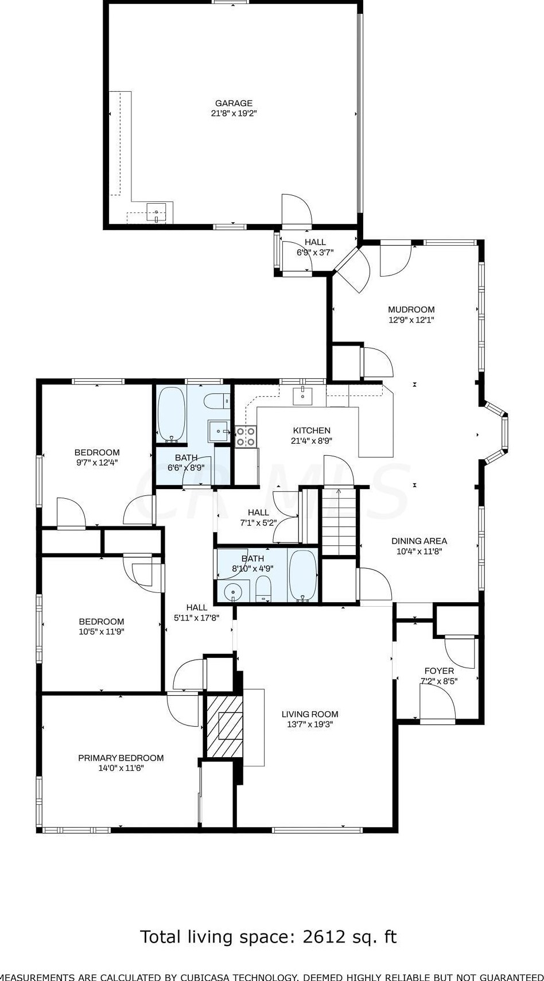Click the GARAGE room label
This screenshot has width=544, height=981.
pyautogui.click(x=234, y=103)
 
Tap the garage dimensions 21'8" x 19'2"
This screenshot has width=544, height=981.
pyautogui.click(x=234, y=114)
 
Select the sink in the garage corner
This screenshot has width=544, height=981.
pyautogui.click(x=156, y=212)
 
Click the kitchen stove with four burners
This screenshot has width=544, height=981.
pyautogui.click(x=246, y=437)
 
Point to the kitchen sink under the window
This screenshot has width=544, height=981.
pyautogui.click(x=303, y=396)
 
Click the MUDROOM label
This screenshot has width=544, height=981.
pyautogui.click(x=411, y=309)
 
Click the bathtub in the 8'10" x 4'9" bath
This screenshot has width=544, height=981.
pyautogui.click(x=303, y=575)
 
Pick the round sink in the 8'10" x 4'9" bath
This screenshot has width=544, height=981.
pyautogui.click(x=234, y=592)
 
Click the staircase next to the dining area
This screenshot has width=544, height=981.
pyautogui.click(x=340, y=522)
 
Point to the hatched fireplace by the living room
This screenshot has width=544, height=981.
pyautogui.click(x=224, y=726)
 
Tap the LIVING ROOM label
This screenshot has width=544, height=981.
pyautogui.click(x=310, y=714)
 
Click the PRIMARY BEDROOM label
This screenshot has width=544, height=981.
pyautogui.click(x=121, y=758)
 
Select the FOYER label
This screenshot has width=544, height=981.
pyautogui.click(x=439, y=671)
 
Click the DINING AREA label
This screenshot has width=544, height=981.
pyautogui.click(x=419, y=541)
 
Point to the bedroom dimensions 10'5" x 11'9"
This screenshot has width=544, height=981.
pyautogui.click(x=102, y=631)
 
